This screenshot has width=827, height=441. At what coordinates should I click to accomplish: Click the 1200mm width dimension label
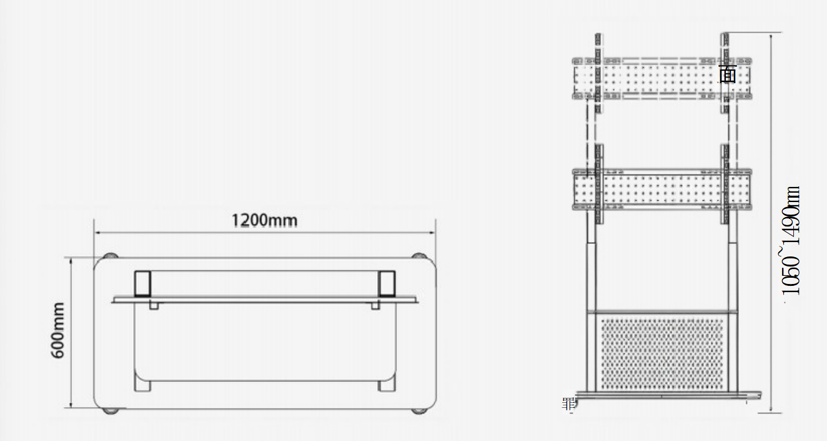(264, 220)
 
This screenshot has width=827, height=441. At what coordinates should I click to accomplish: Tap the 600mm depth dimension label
(57, 330)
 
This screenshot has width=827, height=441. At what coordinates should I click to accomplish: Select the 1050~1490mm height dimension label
(790, 240)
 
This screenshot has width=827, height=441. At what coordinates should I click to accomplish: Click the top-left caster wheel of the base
(110, 255)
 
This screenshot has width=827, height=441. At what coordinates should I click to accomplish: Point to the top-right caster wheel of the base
(419, 255)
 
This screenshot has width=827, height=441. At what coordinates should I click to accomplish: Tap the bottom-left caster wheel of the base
(110, 411)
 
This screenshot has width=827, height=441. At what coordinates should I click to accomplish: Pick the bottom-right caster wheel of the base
(419, 411)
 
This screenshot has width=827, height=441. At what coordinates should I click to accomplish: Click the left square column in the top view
(142, 283)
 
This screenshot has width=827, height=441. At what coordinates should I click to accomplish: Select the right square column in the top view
(387, 283)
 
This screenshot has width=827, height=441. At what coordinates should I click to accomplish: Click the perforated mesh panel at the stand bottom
(662, 354)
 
